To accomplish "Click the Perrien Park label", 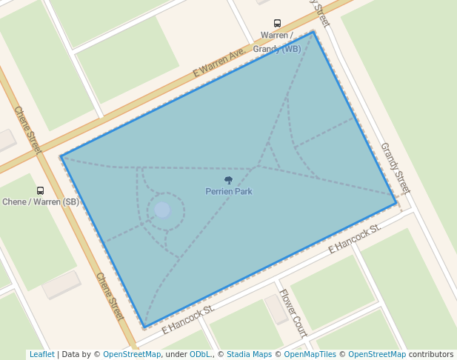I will pos(229,192).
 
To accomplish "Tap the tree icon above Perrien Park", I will pos(228,180).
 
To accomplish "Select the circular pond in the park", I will pos(162,210).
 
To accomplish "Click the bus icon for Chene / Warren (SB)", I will pos(40,190).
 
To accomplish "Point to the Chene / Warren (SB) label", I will pos(41,201).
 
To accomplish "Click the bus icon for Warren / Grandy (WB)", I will pos(277,23).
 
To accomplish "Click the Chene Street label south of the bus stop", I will pos(109,296).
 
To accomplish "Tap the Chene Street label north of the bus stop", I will pos(28,130).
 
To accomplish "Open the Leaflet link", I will pos(41,355).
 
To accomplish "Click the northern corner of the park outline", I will pos(314,32).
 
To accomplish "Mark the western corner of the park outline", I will pos(61,156).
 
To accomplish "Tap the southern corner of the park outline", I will pos(144,327).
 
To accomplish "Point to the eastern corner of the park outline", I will pos(396,203).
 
